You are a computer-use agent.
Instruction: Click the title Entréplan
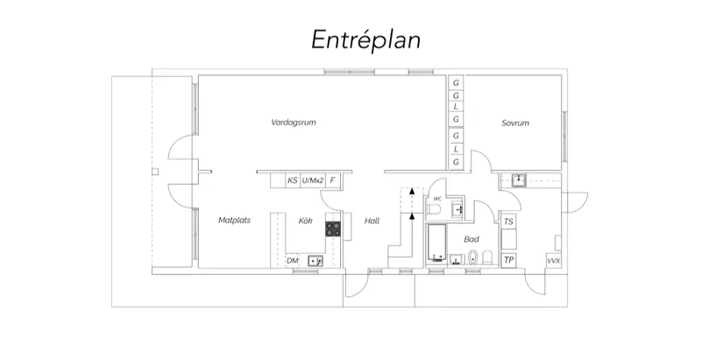point(365,40)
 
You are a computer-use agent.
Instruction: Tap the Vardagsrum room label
point(294,123)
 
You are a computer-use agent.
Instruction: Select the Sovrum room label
point(515,124)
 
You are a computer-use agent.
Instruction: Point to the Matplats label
point(234,221)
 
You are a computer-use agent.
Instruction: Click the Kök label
point(305,221)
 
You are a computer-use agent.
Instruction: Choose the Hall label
point(372,221)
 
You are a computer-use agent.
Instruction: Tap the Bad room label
point(471,239)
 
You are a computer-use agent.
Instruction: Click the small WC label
point(437,199)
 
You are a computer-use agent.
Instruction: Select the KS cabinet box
point(293,180)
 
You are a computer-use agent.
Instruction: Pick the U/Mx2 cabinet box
point(313,180)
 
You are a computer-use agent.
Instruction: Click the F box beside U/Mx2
point(333,180)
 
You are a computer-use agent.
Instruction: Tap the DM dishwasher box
point(293,261)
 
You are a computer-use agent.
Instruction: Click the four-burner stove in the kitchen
point(333,229)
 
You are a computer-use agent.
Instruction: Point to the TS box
point(508,222)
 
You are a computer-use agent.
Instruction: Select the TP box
point(508,260)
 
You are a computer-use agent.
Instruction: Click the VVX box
point(553,261)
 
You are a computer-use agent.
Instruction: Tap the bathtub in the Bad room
point(436,244)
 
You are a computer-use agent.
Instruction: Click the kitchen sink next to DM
point(315,261)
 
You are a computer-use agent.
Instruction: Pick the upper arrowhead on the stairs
point(412,190)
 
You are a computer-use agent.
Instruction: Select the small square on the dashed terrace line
point(155,172)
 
